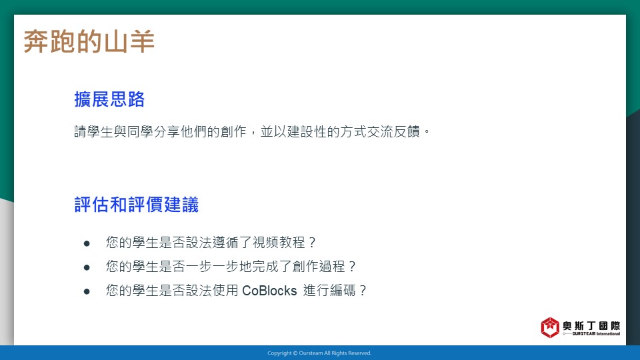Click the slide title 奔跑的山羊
tap(89, 41)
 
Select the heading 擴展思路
tap(109, 99)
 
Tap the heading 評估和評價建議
tap(136, 205)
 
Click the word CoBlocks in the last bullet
tap(269, 291)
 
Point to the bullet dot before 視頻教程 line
tap(87, 244)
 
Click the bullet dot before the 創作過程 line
tap(87, 268)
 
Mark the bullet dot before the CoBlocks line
tap(87, 291)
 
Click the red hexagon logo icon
tap(550, 327)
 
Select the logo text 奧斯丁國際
tap(591, 326)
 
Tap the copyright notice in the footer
tap(319, 353)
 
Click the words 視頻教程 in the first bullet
tap(279, 243)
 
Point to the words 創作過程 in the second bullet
tap(319, 267)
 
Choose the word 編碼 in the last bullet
tap(343, 291)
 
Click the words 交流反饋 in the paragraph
tap(393, 131)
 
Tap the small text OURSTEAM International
tap(596, 334)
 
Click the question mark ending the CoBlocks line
tap(363, 291)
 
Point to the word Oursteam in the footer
tap(311, 353)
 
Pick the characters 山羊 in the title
tap(129, 41)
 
